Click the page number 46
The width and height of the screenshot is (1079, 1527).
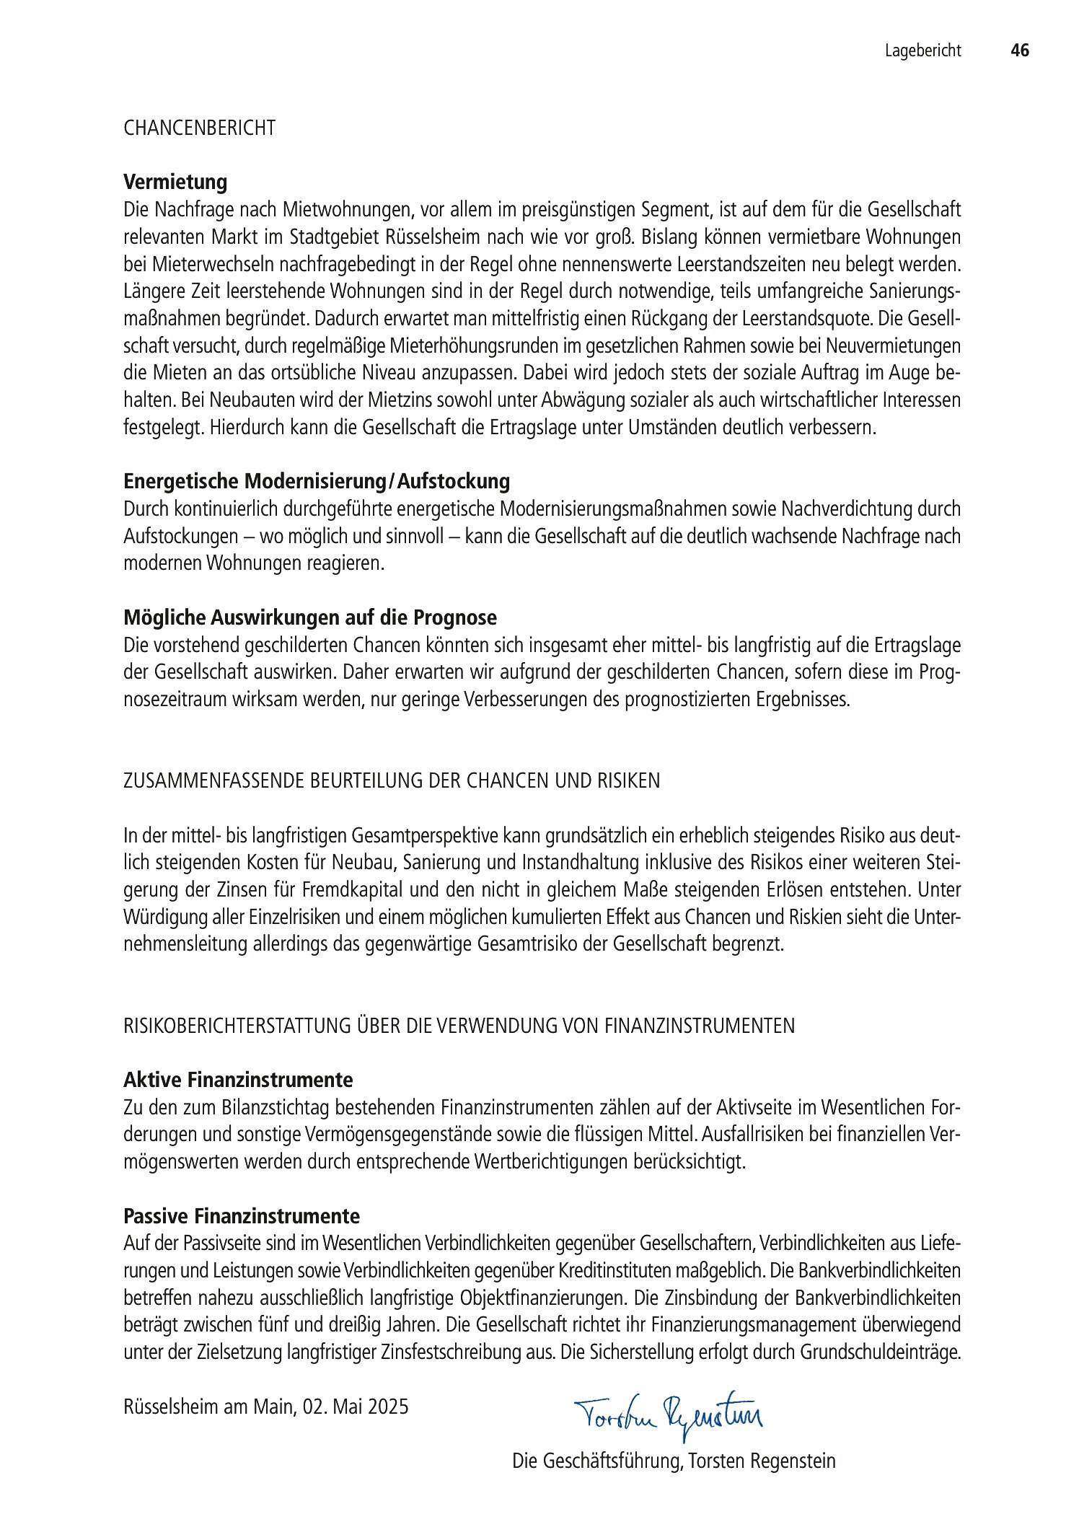(x=1019, y=50)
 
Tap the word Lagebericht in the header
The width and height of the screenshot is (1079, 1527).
(x=923, y=50)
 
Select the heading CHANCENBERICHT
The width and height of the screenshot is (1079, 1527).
(x=200, y=128)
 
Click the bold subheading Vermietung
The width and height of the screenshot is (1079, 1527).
(x=175, y=182)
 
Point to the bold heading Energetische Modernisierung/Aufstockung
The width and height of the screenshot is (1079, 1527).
(x=317, y=481)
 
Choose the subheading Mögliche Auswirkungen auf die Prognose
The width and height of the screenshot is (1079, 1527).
(x=310, y=617)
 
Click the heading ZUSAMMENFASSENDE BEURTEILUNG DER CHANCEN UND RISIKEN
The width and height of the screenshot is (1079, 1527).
(x=392, y=781)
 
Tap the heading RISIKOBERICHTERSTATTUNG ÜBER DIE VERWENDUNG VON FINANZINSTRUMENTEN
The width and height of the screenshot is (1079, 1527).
(x=459, y=1026)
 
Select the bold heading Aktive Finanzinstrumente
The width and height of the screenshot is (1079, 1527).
(x=238, y=1080)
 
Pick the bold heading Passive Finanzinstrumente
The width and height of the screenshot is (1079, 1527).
(x=242, y=1216)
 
